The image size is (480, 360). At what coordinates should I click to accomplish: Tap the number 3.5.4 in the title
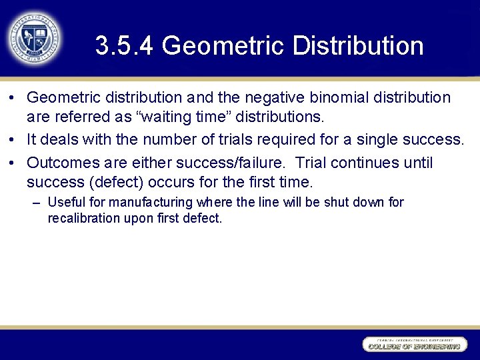click(125, 46)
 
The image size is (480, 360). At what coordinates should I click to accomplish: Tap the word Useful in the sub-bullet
click(65, 202)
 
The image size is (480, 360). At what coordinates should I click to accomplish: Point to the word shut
click(337, 202)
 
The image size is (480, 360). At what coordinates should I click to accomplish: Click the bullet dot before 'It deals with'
click(13, 140)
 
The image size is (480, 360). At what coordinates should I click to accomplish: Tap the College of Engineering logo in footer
click(414, 344)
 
